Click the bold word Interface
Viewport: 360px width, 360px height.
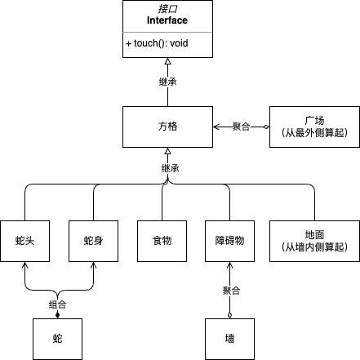tap(167, 20)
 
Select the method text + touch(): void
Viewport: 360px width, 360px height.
tap(157, 43)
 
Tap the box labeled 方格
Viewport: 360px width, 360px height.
tap(167, 127)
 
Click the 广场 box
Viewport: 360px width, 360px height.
tap(314, 127)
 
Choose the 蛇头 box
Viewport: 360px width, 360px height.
tap(25, 241)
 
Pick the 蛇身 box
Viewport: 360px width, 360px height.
tap(93, 241)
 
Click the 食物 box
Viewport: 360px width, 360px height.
tap(162, 241)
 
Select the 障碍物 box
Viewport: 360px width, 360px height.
tap(229, 241)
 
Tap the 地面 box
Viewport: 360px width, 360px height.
tap(314, 241)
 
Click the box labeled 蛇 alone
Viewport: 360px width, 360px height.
tap(57, 339)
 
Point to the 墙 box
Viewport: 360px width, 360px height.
tap(229, 339)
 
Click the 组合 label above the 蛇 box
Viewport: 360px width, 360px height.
tap(57, 304)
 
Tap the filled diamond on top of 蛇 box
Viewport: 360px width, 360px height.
tap(57, 315)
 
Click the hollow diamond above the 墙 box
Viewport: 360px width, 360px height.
tap(229, 315)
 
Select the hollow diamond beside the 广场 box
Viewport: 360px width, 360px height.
tap(266, 127)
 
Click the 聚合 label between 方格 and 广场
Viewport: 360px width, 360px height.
tap(241, 127)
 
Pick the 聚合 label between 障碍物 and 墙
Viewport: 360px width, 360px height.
tap(231, 291)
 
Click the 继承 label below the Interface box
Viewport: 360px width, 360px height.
tap(168, 82)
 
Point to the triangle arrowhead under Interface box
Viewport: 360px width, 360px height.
tap(167, 61)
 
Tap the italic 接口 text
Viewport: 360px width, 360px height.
tap(167, 9)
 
